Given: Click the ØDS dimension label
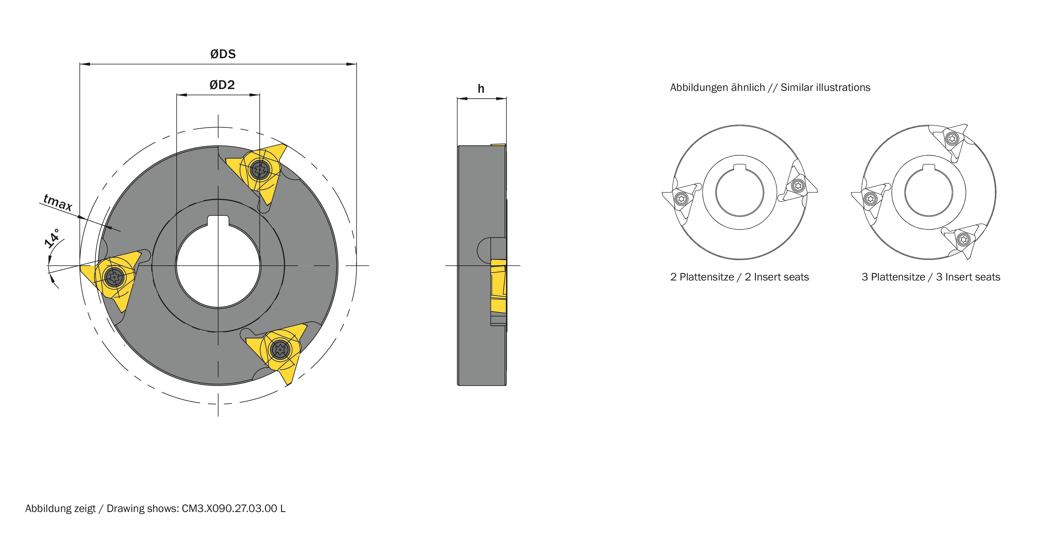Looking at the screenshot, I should (223, 54).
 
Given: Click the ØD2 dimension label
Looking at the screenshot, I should (222, 85).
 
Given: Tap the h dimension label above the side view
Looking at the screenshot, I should (481, 89).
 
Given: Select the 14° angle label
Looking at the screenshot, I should (52, 238).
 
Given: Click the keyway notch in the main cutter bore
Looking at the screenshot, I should (218, 221).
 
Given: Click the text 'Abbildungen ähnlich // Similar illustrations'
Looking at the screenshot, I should (770, 88).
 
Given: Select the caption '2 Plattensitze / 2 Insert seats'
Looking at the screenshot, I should (739, 277).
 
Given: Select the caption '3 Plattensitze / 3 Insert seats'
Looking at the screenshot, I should (931, 277).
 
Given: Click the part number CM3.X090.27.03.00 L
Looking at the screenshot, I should (234, 509).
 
